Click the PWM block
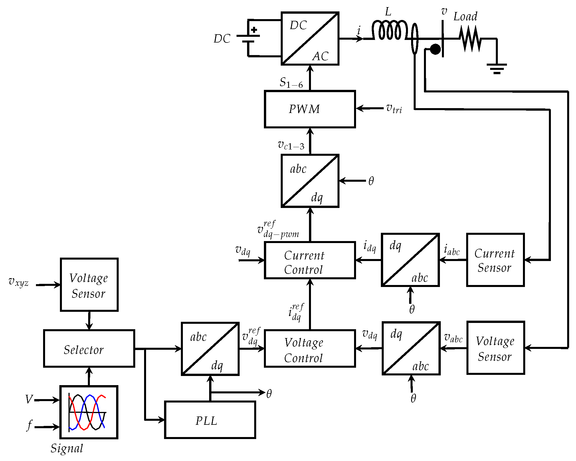310,109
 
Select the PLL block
210,420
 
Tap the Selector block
89,348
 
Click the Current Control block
310,260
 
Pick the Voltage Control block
310,348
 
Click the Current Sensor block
495,260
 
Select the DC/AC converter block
310,39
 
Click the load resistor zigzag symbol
470,39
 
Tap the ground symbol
497,68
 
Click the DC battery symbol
248,38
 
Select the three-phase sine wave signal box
89,412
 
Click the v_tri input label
394,109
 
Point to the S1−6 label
291,83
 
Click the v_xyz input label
19,282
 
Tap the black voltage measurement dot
435,49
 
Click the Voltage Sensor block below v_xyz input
89,285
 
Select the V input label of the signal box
29,399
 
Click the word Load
465,17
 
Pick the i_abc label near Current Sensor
452,250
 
